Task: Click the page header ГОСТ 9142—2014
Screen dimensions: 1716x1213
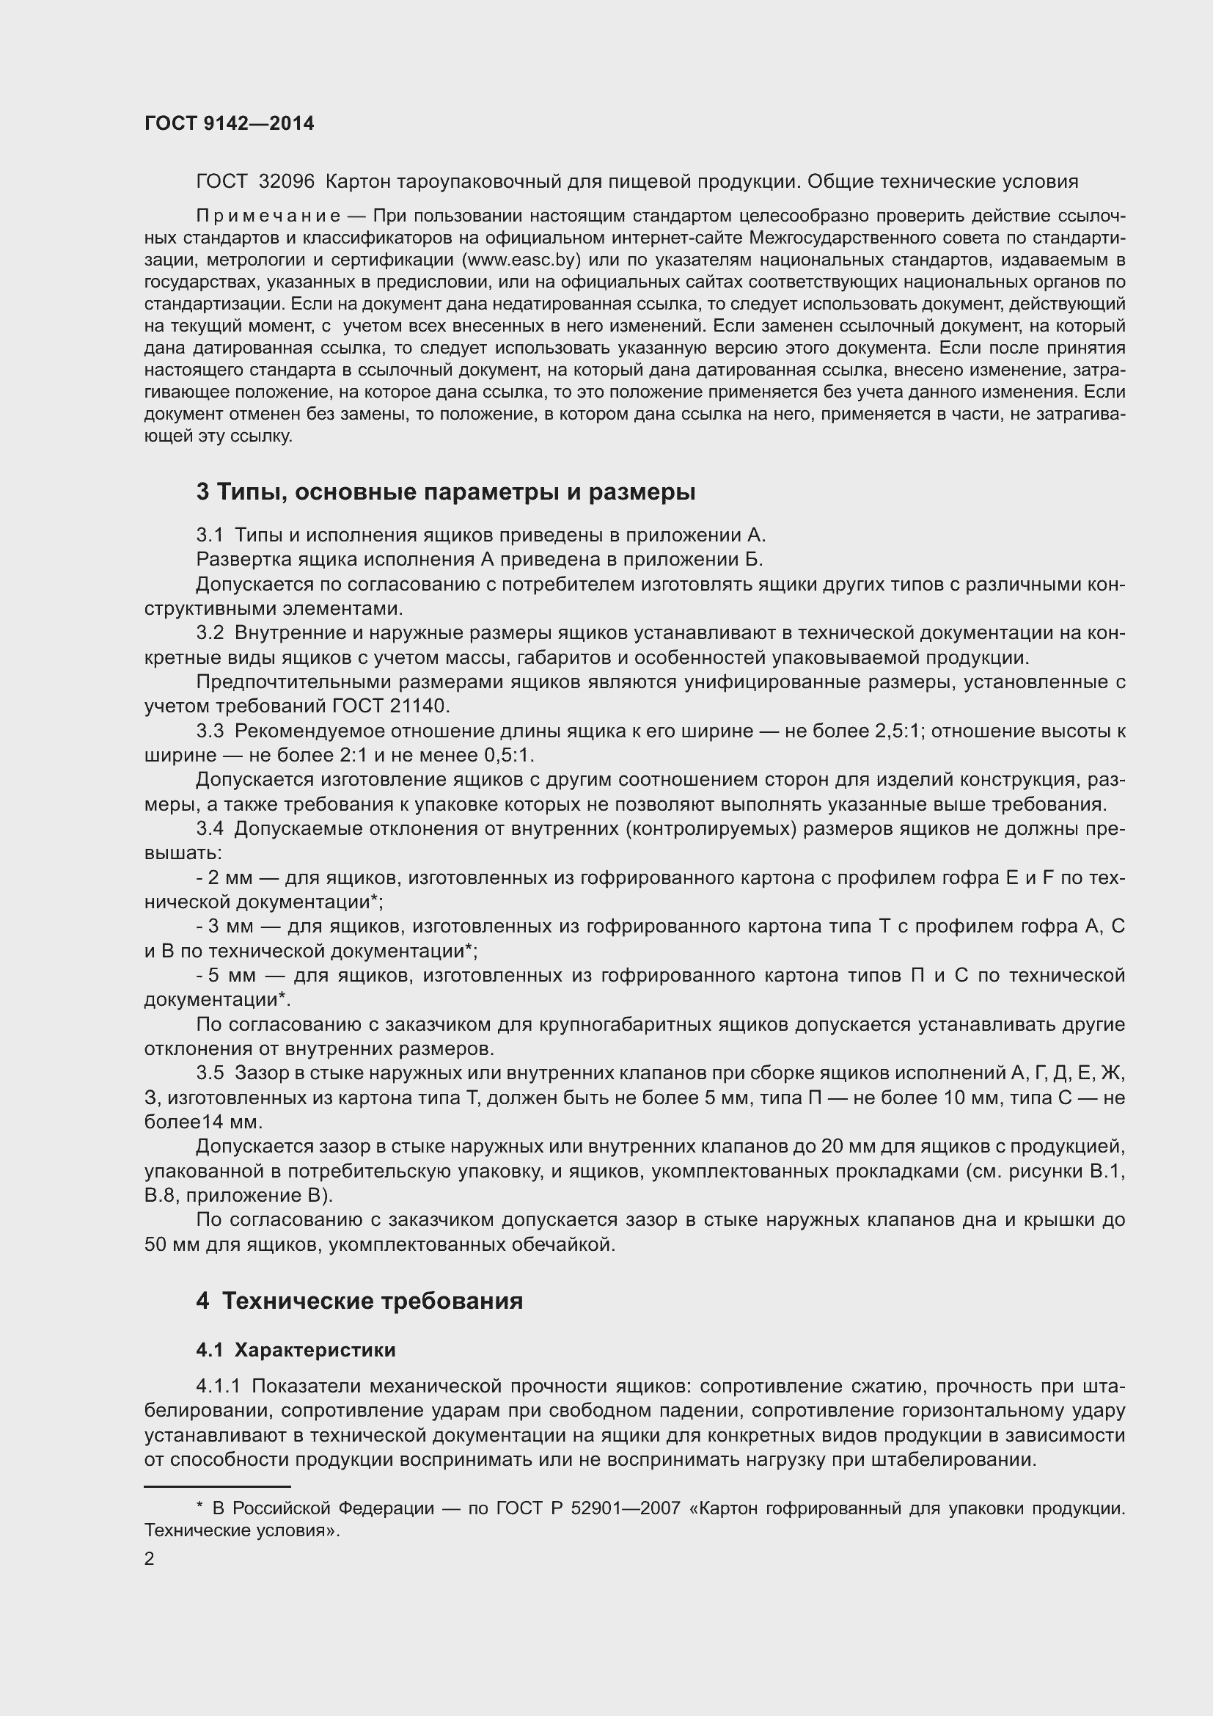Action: coord(230,124)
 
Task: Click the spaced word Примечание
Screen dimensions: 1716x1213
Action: coord(268,216)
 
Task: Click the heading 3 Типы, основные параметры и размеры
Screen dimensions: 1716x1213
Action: coord(446,492)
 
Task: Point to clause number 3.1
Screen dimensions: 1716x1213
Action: coord(210,535)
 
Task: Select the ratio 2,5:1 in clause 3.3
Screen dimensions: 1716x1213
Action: coord(894,731)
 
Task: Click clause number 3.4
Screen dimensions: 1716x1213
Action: coord(210,828)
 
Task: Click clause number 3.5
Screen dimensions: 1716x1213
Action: coord(210,1073)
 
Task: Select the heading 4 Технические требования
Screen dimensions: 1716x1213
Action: coord(359,1301)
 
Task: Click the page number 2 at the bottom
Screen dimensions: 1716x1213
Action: coord(150,1558)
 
